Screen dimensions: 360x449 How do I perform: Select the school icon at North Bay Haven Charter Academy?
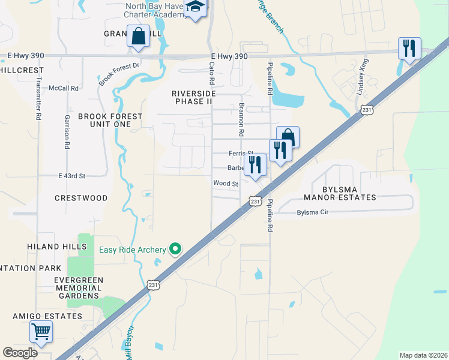(195, 8)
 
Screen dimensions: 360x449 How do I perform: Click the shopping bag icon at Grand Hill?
(139, 36)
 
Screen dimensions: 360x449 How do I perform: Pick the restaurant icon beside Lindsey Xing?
(409, 48)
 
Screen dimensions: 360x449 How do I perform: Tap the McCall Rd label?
(64, 88)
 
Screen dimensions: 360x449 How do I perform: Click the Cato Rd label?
(211, 74)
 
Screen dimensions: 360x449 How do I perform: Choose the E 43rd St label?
(72, 176)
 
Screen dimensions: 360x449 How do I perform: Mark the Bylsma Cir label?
(313, 213)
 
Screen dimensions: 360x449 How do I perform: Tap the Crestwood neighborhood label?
(81, 198)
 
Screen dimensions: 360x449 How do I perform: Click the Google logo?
(20, 353)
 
